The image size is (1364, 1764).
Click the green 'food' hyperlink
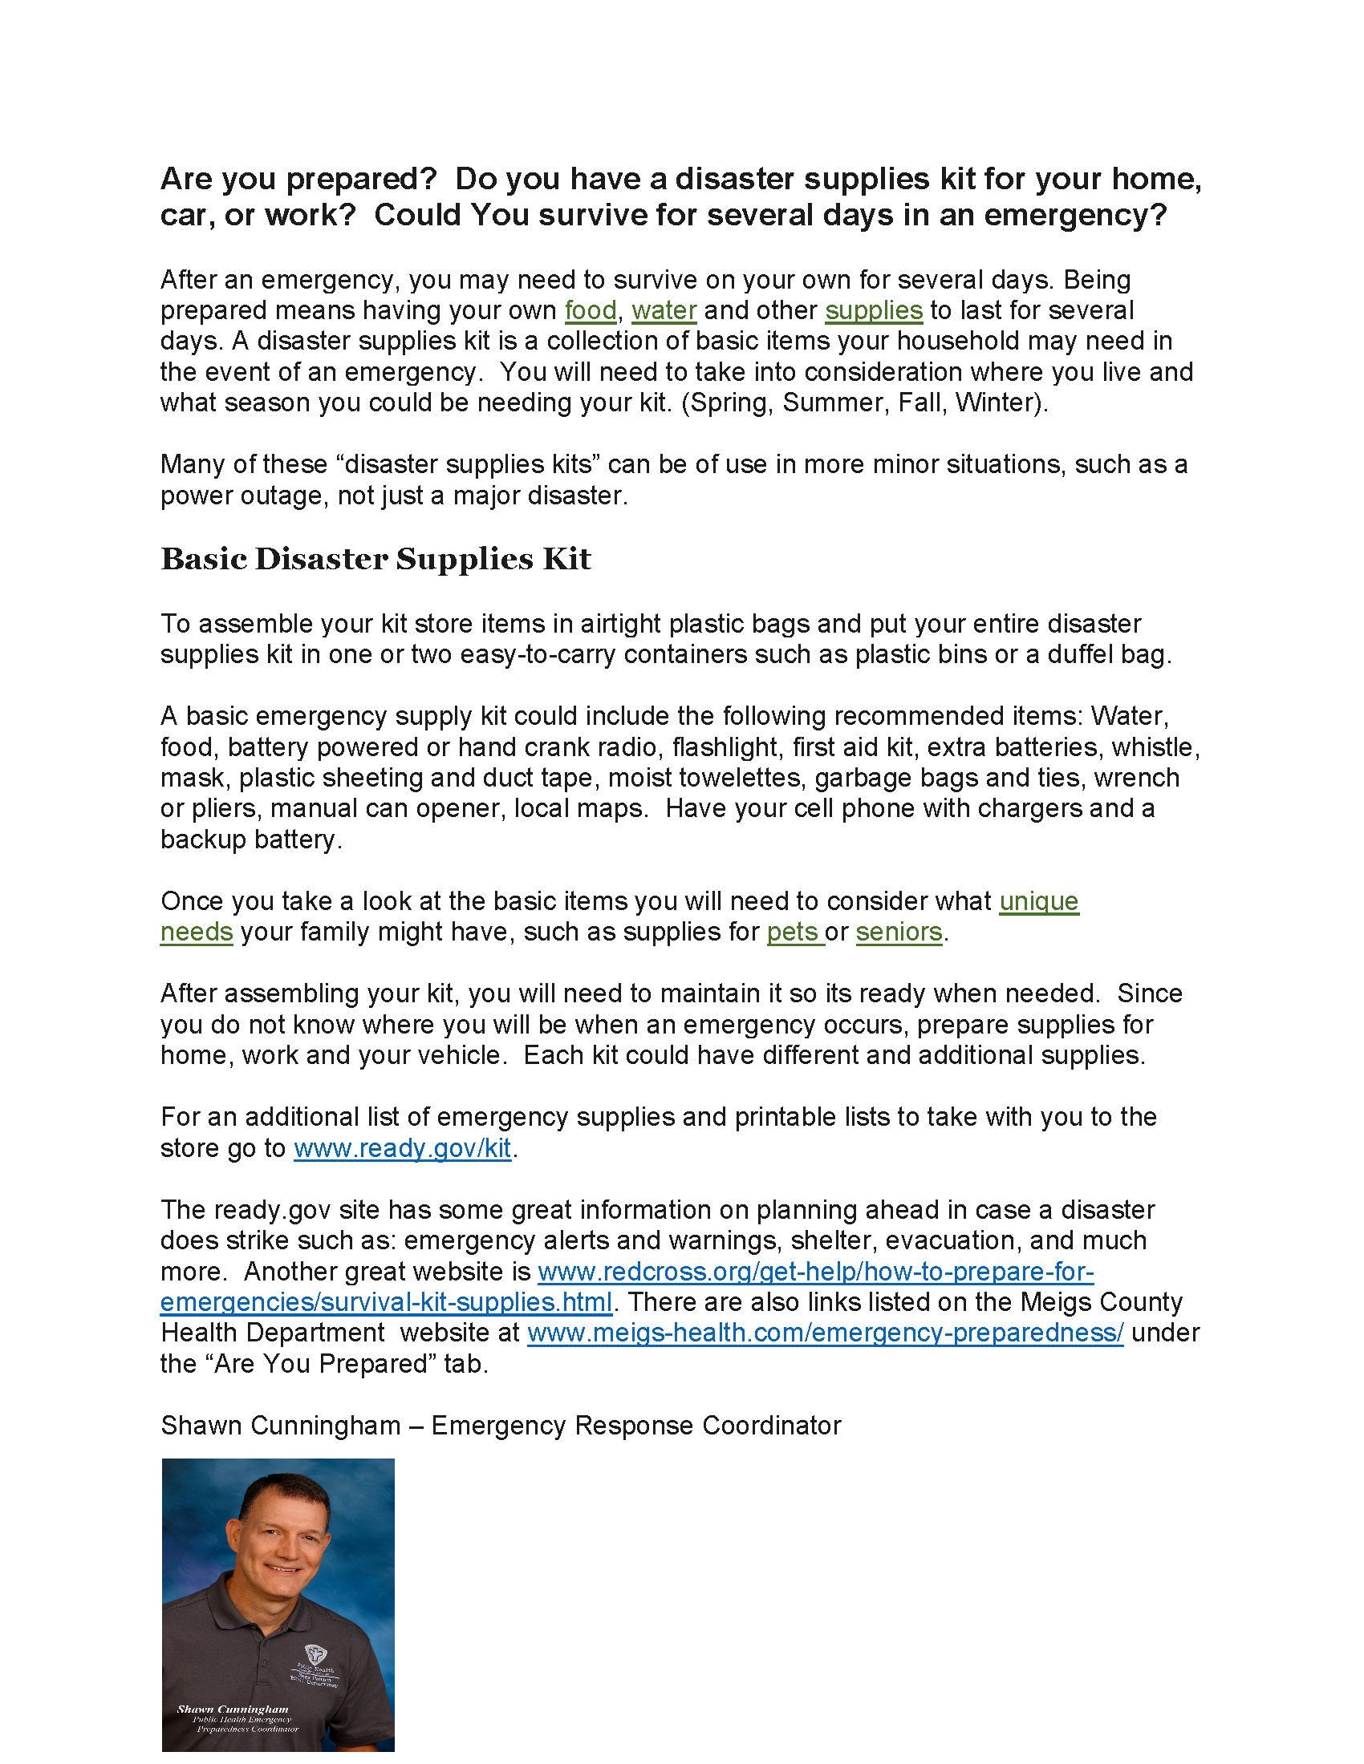[x=590, y=310]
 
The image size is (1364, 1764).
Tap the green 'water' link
[x=664, y=310]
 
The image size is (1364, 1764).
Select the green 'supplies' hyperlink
[x=873, y=310]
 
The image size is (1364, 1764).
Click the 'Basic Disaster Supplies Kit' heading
[x=376, y=559]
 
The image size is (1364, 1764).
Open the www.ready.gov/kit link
[x=402, y=1147]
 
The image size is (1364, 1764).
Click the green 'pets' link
[x=794, y=931]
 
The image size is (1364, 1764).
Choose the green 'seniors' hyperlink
[x=899, y=931]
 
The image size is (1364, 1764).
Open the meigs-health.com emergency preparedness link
[x=824, y=1332]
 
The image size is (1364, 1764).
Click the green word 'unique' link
[x=1038, y=900]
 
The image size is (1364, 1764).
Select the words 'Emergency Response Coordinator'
[x=636, y=1425]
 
